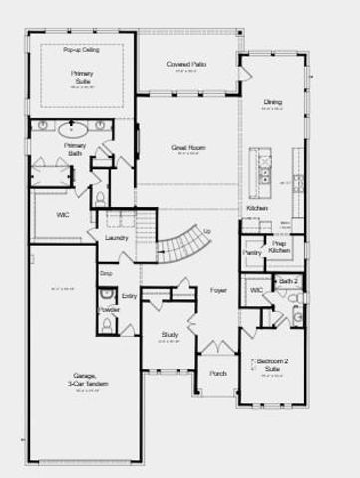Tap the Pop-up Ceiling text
point(80,49)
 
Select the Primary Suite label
point(81,76)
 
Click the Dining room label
point(273,103)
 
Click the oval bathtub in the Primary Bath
point(73,128)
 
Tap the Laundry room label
point(116,238)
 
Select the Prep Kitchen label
point(279,246)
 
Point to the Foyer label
point(218,291)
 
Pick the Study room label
point(169,335)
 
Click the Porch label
point(218,374)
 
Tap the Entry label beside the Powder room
point(130,296)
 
